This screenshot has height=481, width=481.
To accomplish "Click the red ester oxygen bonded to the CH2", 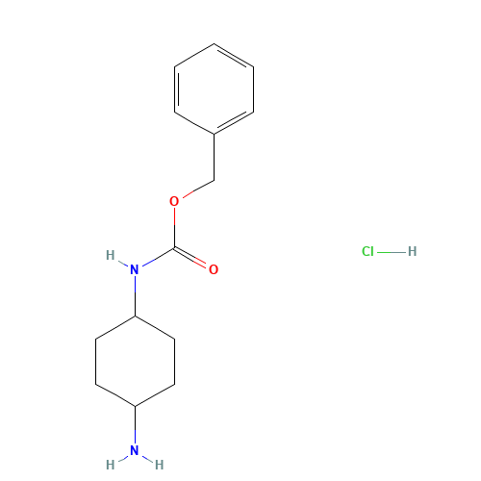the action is (x=174, y=201).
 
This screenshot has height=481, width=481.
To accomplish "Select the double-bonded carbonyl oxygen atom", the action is (x=213, y=269).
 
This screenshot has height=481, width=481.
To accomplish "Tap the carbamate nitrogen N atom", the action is (x=135, y=269).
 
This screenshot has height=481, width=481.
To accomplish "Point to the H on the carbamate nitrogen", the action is (x=111, y=255).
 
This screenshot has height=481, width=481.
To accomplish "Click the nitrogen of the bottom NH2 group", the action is (x=135, y=450).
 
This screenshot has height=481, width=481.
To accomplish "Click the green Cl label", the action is (x=367, y=252).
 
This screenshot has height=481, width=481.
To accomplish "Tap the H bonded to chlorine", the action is (x=412, y=252).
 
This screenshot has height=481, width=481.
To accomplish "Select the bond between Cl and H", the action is (x=391, y=252).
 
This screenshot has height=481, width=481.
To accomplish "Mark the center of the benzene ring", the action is (x=214, y=89).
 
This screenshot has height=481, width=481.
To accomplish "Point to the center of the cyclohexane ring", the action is (x=135, y=361).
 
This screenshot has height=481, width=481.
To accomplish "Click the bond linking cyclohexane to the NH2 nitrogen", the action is (x=135, y=424).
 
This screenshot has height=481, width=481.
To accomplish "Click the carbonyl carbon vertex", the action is (x=174, y=247).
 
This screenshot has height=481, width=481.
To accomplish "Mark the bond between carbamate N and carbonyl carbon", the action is (x=157, y=257).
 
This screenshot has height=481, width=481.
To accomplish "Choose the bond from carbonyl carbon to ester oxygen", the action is (x=174, y=227).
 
